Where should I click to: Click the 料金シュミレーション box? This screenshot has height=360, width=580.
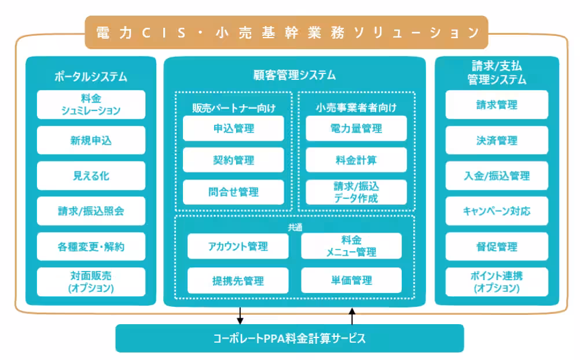tap(91, 104)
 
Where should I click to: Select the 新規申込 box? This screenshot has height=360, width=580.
tap(91, 140)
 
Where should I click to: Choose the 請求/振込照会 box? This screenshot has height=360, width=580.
tap(91, 211)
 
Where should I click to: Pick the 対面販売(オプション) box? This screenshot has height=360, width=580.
tap(91, 282)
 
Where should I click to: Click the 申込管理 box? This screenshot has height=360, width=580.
tap(233, 128)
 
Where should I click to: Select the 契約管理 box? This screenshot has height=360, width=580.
tap(233, 160)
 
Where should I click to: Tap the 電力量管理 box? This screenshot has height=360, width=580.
tap(356, 128)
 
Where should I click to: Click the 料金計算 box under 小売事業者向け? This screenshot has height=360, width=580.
tap(356, 160)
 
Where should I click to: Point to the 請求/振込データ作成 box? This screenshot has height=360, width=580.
tap(356, 192)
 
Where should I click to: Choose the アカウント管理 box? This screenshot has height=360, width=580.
tap(238, 246)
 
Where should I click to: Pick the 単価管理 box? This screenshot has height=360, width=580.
tap(351, 281)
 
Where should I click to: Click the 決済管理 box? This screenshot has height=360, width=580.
tap(497, 140)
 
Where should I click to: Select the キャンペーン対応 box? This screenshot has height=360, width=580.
tap(497, 211)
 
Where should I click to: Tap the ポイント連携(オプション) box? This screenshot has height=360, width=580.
tap(497, 282)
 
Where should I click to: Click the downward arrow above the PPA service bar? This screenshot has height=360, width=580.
tap(240, 316)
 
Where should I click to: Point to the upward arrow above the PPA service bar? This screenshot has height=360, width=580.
tap(351, 316)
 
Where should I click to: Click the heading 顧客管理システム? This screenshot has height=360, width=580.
tap(294, 75)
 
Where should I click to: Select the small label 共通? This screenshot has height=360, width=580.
tap(295, 227)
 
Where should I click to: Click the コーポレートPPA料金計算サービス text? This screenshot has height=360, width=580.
tap(289, 338)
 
